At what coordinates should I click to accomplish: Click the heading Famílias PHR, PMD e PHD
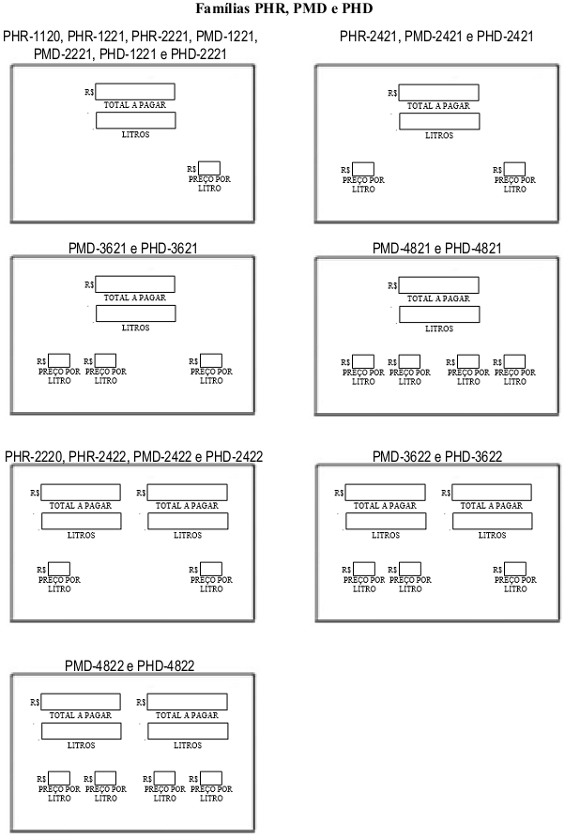284,8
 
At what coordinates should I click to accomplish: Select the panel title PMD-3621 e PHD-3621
132,249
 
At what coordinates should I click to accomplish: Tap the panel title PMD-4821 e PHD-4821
437,249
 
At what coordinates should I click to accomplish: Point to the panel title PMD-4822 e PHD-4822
130,665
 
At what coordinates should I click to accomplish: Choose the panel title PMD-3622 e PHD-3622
437,456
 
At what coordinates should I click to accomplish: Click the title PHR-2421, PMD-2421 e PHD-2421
436,37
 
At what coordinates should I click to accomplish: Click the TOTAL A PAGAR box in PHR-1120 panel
135,91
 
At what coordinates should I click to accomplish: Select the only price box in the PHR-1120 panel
209,168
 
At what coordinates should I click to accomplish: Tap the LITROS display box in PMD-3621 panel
136,313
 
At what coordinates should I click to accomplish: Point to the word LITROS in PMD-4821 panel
439,329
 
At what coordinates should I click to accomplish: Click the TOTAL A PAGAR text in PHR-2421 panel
438,106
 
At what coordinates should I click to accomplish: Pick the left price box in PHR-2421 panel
363,169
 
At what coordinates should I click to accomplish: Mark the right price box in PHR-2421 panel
514,169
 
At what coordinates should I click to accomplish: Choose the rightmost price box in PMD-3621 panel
211,360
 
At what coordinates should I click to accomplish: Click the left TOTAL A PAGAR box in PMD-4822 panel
81,701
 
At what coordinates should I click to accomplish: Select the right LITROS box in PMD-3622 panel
493,521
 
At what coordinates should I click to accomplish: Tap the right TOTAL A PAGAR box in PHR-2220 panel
188,493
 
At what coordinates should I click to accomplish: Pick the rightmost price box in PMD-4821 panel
514,361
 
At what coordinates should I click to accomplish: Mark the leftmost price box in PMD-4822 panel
59,778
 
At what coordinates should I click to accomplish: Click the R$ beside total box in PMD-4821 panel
392,285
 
